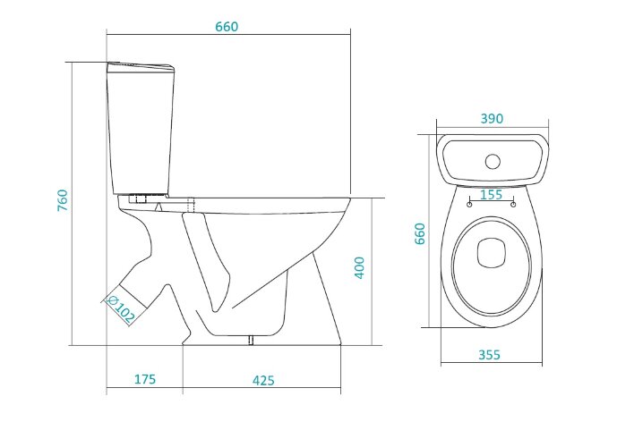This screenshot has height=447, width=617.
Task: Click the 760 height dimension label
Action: point(63,200)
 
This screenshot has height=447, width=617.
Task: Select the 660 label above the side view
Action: point(227,26)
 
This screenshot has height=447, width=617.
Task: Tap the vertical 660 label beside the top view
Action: point(420,233)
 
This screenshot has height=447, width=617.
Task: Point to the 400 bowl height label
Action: point(360,268)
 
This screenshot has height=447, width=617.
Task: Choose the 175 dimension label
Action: point(145,379)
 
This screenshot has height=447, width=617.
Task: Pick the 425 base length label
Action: point(263,380)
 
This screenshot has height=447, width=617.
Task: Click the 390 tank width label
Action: point(492,118)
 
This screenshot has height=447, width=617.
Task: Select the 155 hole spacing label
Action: point(492,194)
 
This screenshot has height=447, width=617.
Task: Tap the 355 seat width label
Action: point(489,355)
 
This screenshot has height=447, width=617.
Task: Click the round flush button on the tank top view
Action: point(493,162)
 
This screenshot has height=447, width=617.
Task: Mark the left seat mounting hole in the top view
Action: point(469,204)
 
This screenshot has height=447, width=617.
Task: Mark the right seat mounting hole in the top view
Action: point(513,204)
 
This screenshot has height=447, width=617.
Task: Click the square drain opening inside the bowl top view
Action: point(491,253)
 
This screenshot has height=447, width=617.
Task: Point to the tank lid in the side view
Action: point(141,67)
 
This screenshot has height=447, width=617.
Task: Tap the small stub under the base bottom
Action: point(251,341)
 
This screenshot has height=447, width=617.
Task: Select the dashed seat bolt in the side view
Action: point(192,205)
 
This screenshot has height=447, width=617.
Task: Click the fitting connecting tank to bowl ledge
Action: point(141,198)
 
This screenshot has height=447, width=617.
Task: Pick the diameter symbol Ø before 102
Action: point(112,301)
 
